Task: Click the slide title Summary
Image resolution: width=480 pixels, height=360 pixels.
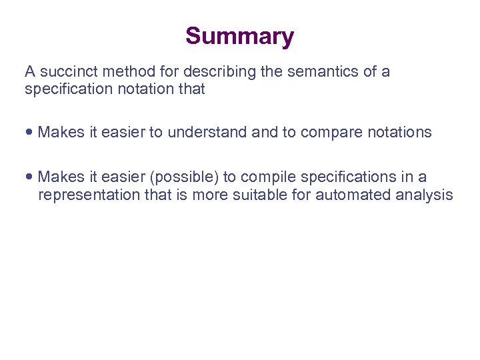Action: point(239,36)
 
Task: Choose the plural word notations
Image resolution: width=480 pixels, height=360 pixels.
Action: point(399,133)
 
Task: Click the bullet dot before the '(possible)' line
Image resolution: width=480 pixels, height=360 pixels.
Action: point(30,177)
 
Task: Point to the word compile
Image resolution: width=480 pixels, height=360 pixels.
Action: point(267,177)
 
